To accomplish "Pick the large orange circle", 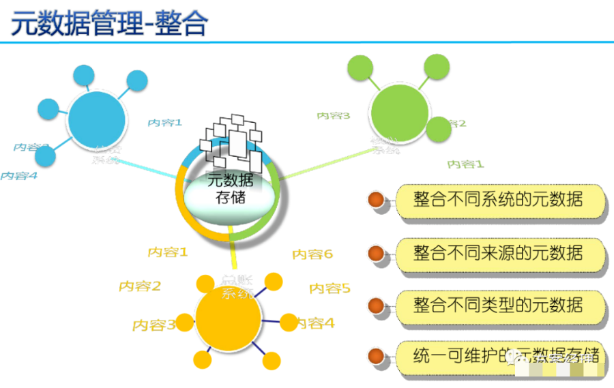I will coord(229,319).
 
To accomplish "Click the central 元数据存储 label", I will coord(230,189).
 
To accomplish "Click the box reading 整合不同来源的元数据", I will coord(500,254).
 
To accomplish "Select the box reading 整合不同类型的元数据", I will coord(500,305).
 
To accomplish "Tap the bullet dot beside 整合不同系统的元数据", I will coord(376,200).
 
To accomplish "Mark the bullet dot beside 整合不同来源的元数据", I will coord(376,254).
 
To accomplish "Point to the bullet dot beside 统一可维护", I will coord(376,355).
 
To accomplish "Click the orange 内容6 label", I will coord(312,254).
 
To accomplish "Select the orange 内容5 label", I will coord(330,288).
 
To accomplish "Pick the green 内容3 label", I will coord(333,116).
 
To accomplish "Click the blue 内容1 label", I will coord(165,123).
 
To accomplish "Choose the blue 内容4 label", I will coord(18,175).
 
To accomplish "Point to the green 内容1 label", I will coord(465,164).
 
